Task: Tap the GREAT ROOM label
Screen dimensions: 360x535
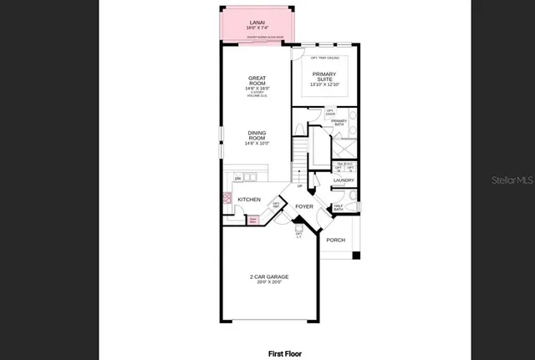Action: tap(257, 81)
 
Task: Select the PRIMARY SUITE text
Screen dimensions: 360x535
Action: tap(324, 76)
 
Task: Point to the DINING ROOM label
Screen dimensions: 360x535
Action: tap(257, 134)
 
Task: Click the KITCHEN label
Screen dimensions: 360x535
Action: tap(249, 200)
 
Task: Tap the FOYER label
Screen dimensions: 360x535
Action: tap(304, 205)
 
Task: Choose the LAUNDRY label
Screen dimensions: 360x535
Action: tap(344, 180)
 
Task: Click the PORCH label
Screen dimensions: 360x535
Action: tap(335, 240)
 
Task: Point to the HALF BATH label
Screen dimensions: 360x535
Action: tap(339, 209)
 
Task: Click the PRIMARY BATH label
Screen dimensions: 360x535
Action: tap(339, 123)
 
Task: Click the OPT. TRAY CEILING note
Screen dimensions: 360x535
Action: tap(324, 58)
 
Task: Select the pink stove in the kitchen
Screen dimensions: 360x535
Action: tap(227, 200)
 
